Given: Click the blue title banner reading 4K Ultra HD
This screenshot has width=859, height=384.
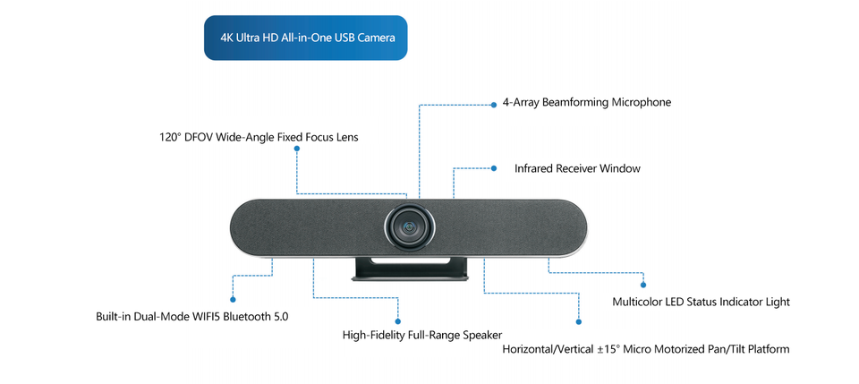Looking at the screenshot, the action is coord(306,38).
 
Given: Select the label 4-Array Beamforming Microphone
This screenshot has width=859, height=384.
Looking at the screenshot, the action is coord(587,102).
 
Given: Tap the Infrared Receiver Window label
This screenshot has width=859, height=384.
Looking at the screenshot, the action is coord(577,168).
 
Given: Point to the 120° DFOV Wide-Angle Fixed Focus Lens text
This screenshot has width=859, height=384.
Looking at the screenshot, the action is coord(259,137).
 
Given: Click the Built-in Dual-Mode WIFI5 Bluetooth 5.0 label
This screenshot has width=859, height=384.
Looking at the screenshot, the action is coord(191,317).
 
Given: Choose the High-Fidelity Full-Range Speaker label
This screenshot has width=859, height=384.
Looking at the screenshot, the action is coord(421,334).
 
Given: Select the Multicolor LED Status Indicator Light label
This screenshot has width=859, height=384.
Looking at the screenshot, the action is coord(702,302).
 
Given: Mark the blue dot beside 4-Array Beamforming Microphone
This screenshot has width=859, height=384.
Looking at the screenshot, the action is coord(494,105).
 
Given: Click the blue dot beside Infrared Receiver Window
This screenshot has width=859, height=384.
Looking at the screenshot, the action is coord(494,168).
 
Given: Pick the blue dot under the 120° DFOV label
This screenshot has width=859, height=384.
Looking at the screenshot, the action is coord(296,149).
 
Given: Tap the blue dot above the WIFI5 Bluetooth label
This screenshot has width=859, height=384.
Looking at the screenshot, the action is coord(233,300).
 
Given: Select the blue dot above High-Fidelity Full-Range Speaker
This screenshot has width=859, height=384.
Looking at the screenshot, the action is coord(398,321).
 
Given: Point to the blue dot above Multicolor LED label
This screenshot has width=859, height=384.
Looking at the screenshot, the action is coord(643,285).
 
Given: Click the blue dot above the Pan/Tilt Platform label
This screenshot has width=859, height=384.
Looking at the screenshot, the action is coord(579,322).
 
